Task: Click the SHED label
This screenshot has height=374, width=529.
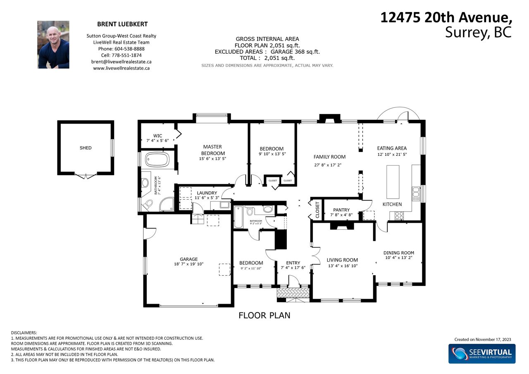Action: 86,148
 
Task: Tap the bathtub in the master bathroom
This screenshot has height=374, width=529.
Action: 157,160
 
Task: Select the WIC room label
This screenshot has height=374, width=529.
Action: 157,136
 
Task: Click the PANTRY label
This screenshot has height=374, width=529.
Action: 341,210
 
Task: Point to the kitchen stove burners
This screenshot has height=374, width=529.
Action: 399,216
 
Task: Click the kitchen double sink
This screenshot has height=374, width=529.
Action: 416,194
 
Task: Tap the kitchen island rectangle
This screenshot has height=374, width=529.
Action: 393,182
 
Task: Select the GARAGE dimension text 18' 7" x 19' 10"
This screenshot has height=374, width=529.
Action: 189,264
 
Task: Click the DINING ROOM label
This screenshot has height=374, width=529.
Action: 399,253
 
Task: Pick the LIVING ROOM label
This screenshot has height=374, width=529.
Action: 342,260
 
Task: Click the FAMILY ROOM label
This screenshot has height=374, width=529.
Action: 329,157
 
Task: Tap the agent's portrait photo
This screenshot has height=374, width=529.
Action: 53,45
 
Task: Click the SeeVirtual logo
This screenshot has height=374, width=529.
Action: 482,353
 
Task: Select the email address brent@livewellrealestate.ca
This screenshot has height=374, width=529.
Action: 122,62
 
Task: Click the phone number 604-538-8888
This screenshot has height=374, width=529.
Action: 129,49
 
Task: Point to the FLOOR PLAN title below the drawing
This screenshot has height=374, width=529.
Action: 264,315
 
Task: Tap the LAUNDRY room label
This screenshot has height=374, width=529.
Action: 207,193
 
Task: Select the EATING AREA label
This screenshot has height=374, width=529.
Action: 392,148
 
